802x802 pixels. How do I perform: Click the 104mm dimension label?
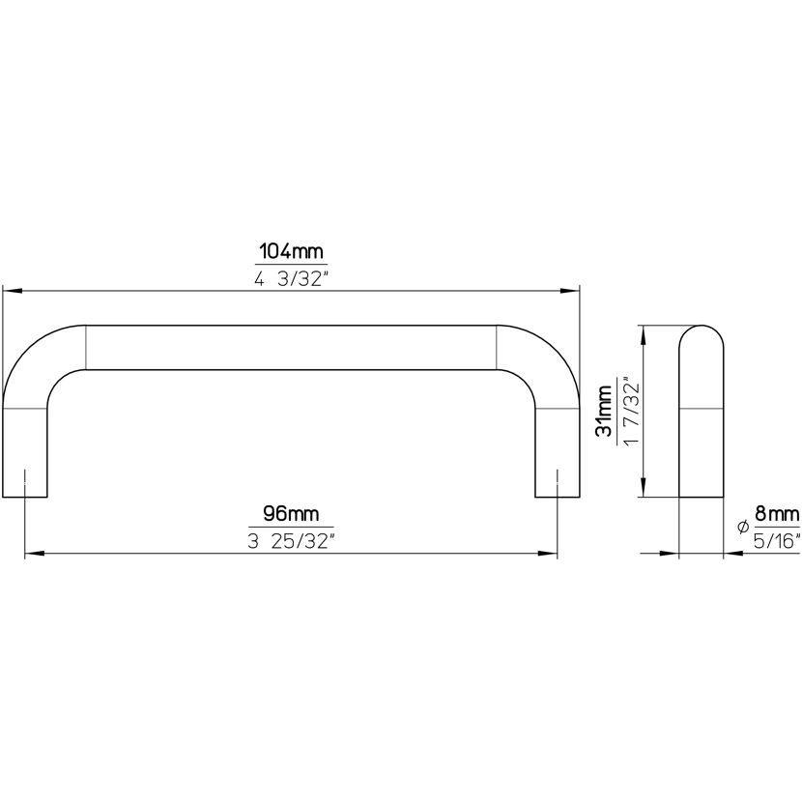291,251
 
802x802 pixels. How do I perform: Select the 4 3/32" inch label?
291,278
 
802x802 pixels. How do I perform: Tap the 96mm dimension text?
291,513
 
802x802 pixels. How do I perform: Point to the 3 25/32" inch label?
291,541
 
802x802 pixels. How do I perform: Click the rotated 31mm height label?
604,411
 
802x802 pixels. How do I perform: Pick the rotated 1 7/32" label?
631,412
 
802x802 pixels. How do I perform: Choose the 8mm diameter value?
777,513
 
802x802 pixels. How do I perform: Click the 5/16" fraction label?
777,541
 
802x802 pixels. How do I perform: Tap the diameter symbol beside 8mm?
743,527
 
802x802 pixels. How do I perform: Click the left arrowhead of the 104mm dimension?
13,291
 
